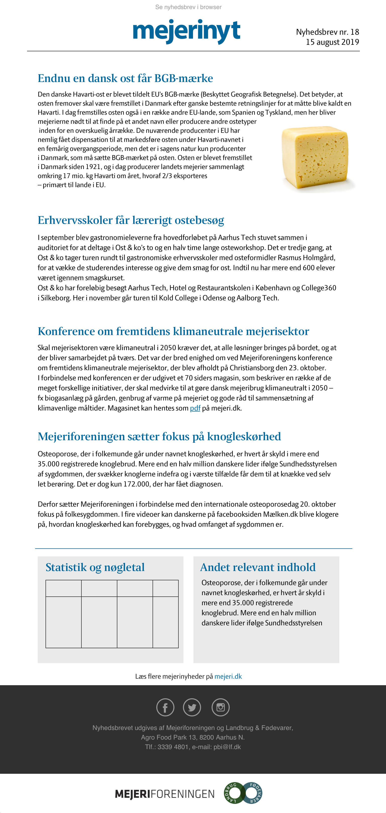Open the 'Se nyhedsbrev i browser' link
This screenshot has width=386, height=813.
188,7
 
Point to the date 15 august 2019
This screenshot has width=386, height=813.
332,42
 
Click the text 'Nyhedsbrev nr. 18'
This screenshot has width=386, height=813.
327,32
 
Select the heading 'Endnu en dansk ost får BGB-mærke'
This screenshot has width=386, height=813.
125,78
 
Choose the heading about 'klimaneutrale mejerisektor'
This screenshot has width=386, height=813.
173,331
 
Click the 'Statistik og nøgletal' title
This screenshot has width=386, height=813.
95,567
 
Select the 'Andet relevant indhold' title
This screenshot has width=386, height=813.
258,567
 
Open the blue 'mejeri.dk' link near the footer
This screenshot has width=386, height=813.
228,676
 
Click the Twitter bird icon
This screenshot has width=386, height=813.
192,707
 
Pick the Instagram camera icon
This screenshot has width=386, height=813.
220,707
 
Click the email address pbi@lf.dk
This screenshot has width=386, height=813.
227,747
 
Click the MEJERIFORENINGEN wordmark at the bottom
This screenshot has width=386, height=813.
165,794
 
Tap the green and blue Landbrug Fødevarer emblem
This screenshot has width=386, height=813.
243,793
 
